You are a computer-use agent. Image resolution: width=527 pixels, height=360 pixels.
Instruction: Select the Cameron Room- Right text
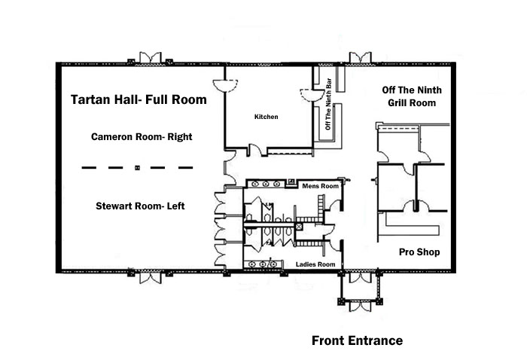tap(142, 138)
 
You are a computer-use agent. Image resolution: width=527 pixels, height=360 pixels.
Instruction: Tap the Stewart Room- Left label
tap(140, 206)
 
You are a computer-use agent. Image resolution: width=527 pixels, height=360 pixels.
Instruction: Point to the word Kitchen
tap(266, 117)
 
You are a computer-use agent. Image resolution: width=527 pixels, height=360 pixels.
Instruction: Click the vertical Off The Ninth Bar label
tap(327, 103)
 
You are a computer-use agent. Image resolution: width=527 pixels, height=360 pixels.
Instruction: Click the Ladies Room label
tap(315, 264)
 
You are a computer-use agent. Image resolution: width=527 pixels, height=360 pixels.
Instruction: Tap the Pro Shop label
tap(419, 252)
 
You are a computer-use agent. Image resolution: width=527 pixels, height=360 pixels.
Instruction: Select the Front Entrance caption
tap(357, 341)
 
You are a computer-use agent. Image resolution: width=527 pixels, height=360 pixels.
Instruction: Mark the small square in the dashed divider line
tap(136, 166)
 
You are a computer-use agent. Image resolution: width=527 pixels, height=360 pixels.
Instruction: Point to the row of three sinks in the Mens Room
tap(269, 183)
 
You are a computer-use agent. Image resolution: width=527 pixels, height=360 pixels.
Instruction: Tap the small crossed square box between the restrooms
tap(300, 224)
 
